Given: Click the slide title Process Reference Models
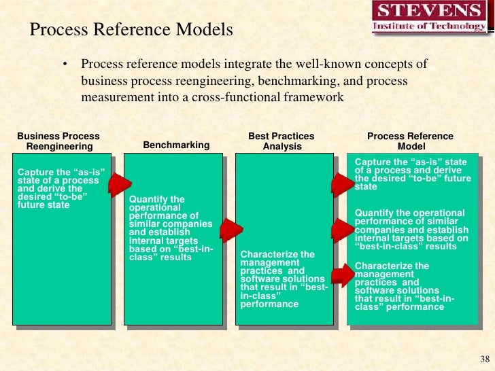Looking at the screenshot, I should (x=132, y=31).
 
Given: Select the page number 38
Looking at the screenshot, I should (x=484, y=359).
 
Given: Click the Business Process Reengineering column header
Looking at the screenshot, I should (x=58, y=141).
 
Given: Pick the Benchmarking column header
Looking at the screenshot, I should (x=176, y=145).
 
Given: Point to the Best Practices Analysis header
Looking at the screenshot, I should (x=281, y=141).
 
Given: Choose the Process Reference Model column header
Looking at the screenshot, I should (x=405, y=141).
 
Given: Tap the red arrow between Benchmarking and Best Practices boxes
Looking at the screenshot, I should (x=232, y=230).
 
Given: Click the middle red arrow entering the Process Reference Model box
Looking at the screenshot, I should (x=343, y=230).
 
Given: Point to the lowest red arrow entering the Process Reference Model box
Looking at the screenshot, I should (x=343, y=275).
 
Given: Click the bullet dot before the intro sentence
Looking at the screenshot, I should (x=66, y=65).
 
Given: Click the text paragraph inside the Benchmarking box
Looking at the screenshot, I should (x=171, y=228).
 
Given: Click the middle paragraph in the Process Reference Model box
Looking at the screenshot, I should (x=411, y=230).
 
